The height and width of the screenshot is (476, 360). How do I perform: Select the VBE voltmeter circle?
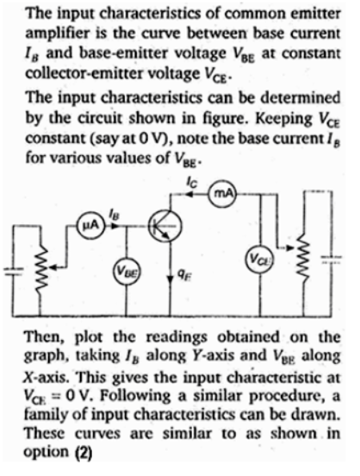pos(126,269)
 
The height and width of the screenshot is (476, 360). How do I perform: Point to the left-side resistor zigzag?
pos(39,267)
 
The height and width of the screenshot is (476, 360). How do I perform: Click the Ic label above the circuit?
pos(191,182)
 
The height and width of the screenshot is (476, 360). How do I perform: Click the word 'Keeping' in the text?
pos(283,118)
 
